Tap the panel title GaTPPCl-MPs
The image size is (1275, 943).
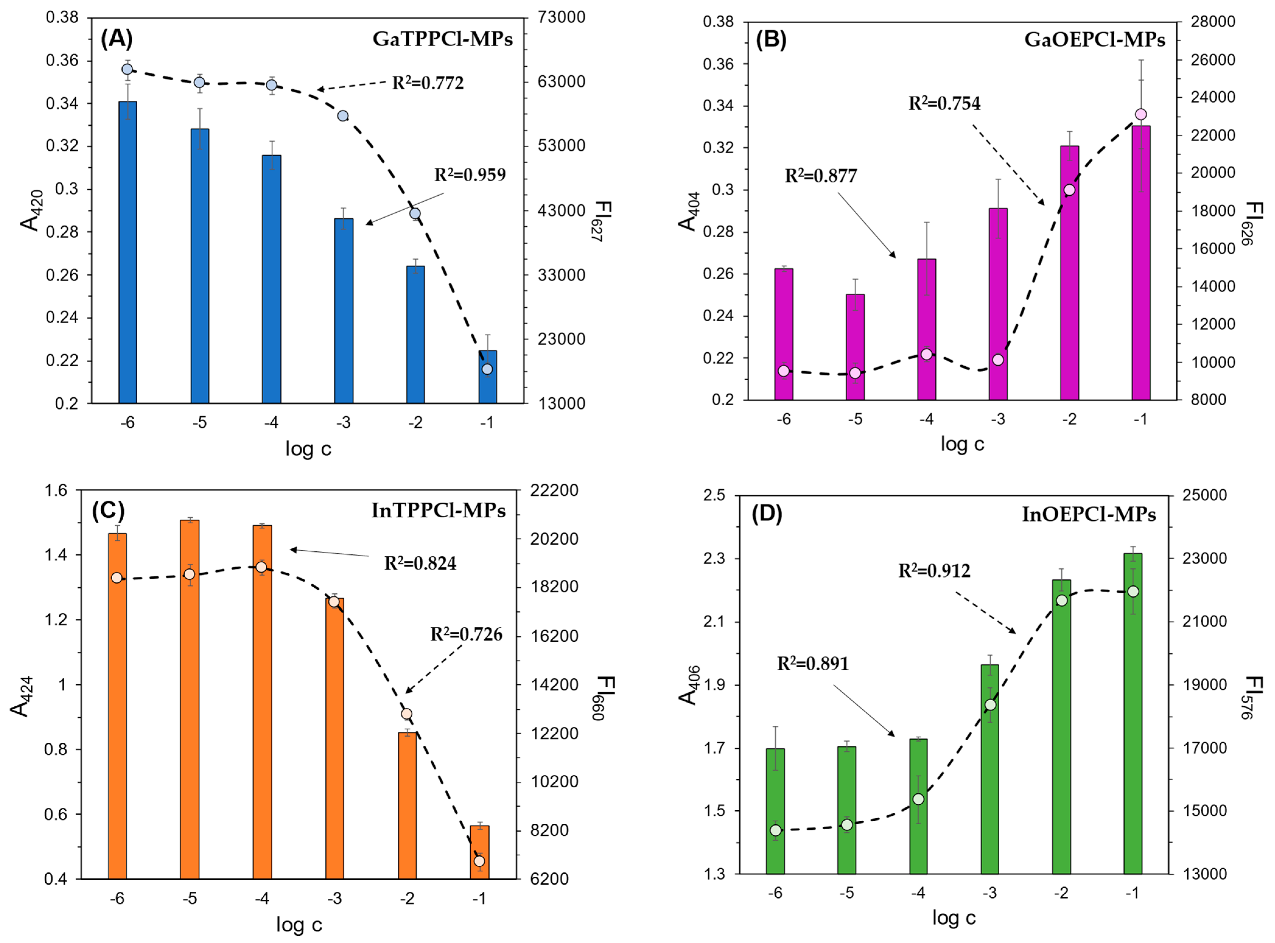(x=442, y=39)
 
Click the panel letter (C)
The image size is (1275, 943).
(x=108, y=510)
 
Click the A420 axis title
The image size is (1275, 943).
(x=31, y=210)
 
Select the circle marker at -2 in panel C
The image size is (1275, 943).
(x=406, y=714)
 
